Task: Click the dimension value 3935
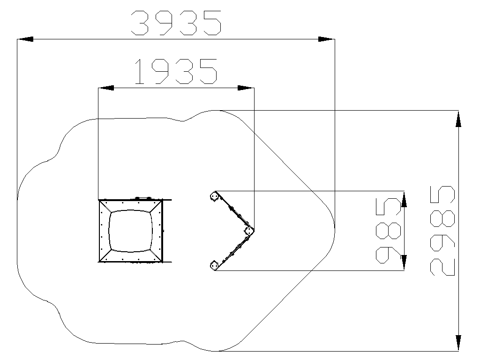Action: tap(176, 23)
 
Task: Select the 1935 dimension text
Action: tap(176, 72)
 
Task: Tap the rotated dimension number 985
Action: tap(388, 231)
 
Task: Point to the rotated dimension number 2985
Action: tap(442, 231)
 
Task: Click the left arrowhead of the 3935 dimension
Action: tap(25, 39)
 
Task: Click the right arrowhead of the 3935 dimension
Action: tap(327, 39)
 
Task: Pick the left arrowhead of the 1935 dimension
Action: tap(106, 88)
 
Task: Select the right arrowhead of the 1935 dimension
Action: tap(246, 88)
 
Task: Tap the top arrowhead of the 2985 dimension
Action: tap(458, 119)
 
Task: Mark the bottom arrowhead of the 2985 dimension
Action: tap(458, 343)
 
